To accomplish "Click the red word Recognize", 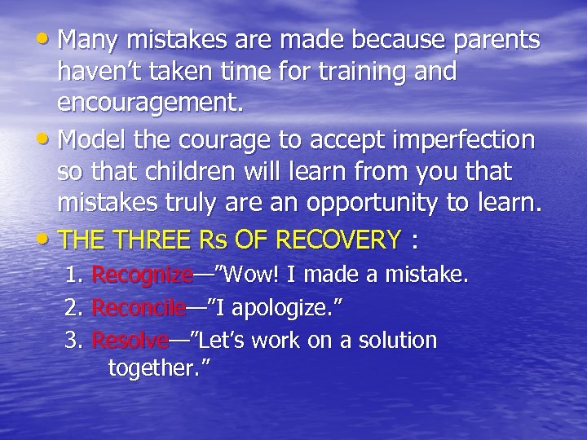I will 142,275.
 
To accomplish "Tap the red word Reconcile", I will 139,308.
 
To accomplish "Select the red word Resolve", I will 130,340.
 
